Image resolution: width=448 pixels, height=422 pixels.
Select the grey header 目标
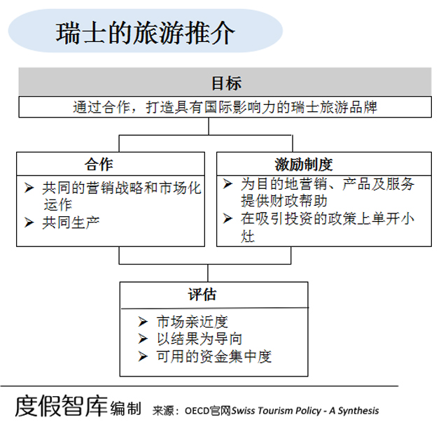(226, 83)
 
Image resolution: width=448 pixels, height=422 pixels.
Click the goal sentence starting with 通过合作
(225, 108)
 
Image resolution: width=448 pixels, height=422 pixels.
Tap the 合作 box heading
(99, 164)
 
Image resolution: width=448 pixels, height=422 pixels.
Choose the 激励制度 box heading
(304, 164)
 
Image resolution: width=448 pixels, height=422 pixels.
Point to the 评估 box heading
(202, 295)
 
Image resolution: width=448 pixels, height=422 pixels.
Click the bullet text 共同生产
(71, 223)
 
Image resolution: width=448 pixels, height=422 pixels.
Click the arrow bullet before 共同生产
(29, 223)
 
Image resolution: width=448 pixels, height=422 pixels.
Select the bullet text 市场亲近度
(192, 322)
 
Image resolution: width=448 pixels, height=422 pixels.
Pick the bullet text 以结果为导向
(199, 339)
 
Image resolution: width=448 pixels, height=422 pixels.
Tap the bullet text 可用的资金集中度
(214, 357)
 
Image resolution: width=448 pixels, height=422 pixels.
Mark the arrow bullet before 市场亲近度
(143, 322)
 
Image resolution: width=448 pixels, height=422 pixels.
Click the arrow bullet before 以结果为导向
(143, 339)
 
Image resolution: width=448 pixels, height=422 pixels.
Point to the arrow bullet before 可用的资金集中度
(143, 356)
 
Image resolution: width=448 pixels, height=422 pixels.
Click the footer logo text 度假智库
(61, 406)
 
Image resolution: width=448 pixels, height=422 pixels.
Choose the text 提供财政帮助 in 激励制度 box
(284, 201)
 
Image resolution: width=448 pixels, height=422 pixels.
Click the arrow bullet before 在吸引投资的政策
(227, 218)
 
